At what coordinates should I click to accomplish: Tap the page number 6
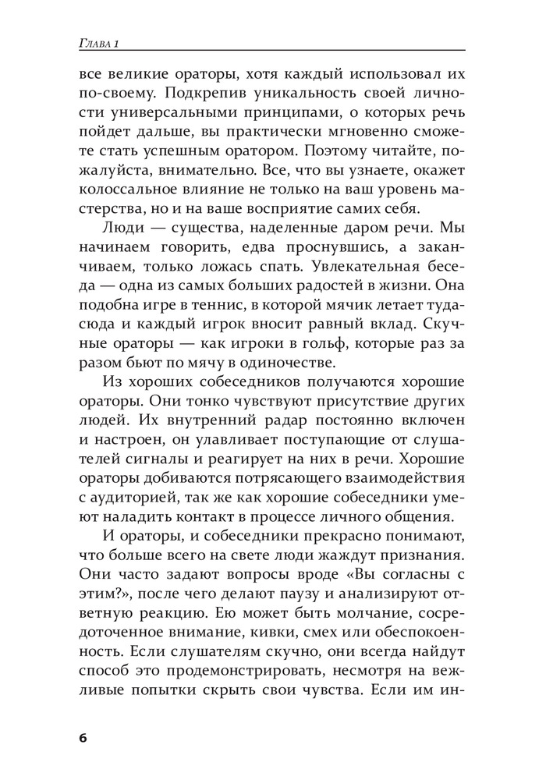click(x=84, y=739)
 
